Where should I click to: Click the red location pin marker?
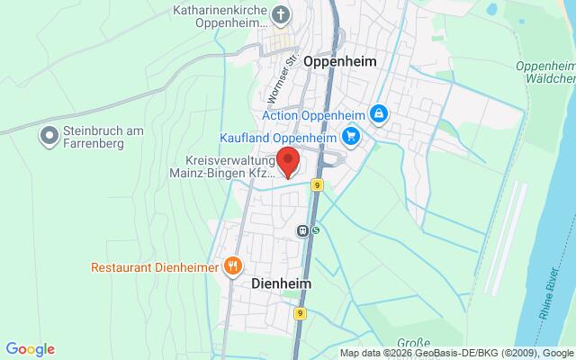pos(289,162)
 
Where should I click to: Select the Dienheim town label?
pos(275,283)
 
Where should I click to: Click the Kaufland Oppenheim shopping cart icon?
pos(350,137)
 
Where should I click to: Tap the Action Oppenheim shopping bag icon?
pos(380,114)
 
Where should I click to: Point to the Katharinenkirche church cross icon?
pos(282,15)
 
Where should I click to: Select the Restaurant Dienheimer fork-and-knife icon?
pos(233,265)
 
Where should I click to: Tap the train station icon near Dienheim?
pos(304,230)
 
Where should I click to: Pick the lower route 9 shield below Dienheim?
pos(300,313)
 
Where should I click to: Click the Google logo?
pos(30,349)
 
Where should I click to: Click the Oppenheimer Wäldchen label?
pos(545,73)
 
